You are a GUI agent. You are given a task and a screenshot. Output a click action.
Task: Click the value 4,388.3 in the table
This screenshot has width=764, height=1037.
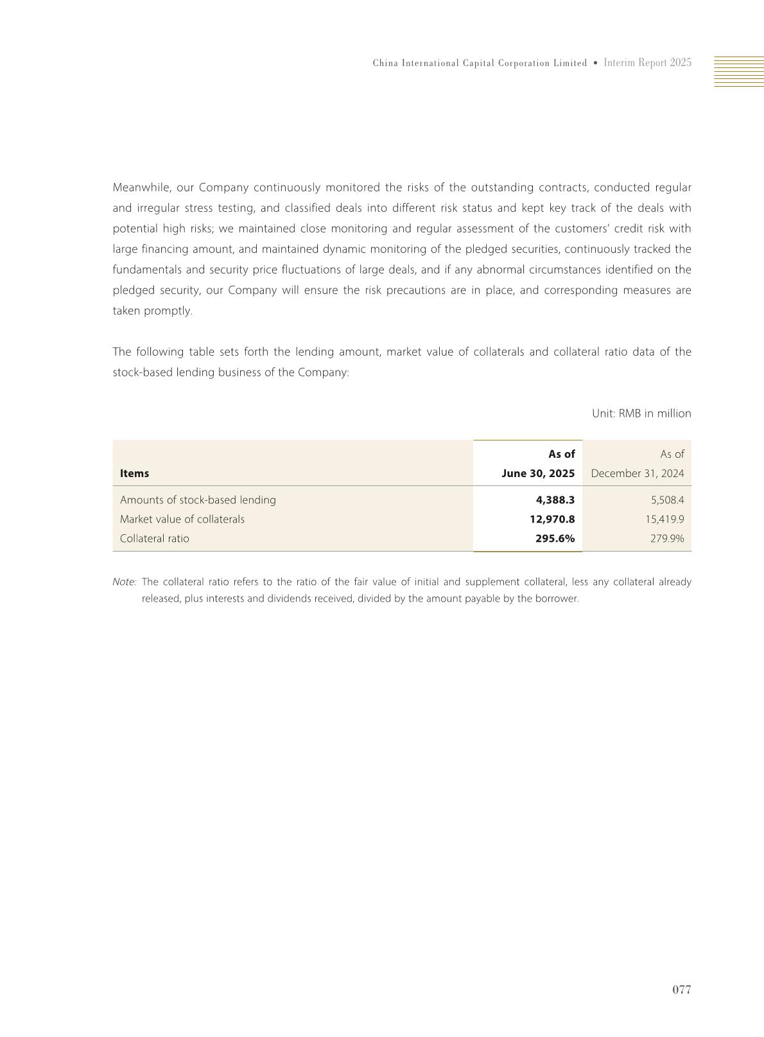tap(555, 500)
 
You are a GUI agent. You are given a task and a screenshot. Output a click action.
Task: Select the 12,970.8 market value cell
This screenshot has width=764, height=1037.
tap(552, 519)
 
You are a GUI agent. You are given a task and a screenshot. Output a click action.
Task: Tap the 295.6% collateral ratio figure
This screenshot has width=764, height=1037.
tap(555, 538)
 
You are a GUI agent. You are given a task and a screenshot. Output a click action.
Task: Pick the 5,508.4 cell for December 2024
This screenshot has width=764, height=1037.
tap(667, 500)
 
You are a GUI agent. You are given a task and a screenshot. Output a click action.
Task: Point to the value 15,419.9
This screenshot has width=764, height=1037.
tap(664, 519)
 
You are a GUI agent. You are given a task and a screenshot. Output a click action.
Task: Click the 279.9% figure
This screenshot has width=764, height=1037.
tap(667, 538)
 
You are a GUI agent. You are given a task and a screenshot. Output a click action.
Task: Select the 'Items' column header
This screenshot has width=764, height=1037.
tap(134, 473)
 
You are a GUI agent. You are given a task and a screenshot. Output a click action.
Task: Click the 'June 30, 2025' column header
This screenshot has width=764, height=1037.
tap(538, 473)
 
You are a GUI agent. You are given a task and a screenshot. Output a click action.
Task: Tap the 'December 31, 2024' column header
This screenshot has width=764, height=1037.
tap(637, 473)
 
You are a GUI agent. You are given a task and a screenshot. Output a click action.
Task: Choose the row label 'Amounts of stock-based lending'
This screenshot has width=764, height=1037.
tap(198, 500)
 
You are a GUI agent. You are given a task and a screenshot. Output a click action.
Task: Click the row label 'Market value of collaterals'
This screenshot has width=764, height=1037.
tap(182, 519)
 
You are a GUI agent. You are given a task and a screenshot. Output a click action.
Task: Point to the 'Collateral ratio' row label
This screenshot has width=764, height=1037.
tap(155, 538)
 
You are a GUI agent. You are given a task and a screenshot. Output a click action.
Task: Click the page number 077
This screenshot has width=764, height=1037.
tap(682, 989)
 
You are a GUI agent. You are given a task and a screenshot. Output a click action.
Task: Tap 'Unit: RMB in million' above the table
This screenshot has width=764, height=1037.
tap(641, 414)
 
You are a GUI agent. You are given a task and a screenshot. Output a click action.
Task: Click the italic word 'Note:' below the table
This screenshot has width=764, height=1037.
tap(125, 582)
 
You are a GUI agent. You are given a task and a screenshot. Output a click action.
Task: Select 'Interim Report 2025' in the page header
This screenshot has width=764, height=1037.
tap(647, 63)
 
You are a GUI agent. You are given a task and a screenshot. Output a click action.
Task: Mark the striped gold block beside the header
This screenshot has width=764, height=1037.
tap(739, 71)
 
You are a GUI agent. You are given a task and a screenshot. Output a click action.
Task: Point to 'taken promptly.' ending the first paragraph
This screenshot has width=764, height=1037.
tap(153, 311)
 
